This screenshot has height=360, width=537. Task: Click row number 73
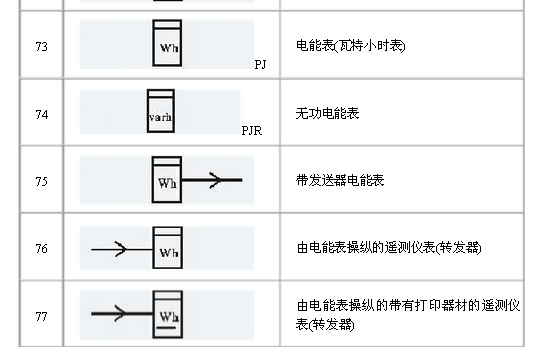pyautogui.click(x=41, y=47)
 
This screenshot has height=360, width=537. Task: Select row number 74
pyautogui.click(x=41, y=114)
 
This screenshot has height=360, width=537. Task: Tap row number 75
pyautogui.click(x=41, y=181)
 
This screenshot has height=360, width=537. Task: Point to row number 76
pyautogui.click(x=41, y=249)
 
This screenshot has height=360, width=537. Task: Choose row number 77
pyautogui.click(x=41, y=316)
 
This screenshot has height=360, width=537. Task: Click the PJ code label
pyautogui.click(x=260, y=63)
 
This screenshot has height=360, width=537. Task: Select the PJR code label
pyautogui.click(x=251, y=130)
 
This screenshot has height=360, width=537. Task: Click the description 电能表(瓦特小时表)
pyautogui.click(x=350, y=47)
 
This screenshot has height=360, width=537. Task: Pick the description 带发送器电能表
pyautogui.click(x=341, y=181)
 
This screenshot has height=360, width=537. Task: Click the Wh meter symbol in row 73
pyautogui.click(x=166, y=43)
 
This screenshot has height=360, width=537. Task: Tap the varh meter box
pyautogui.click(x=160, y=110)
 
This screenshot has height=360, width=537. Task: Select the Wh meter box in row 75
pyautogui.click(x=166, y=178)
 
